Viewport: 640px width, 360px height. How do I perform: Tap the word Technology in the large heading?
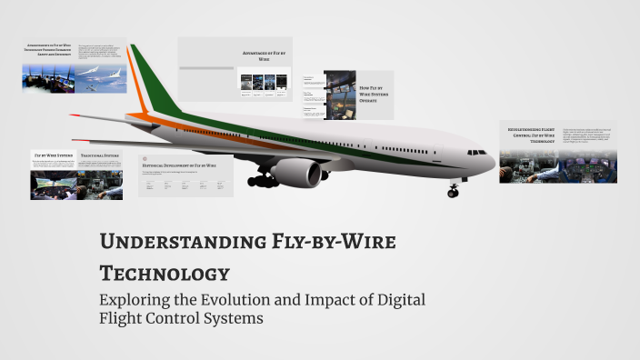click(164, 273)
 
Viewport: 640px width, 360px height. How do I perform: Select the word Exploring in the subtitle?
click(137, 299)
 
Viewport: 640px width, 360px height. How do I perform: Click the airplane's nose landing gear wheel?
click(453, 192)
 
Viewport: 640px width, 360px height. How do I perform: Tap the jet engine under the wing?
click(301, 172)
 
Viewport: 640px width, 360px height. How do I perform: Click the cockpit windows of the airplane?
click(476, 152)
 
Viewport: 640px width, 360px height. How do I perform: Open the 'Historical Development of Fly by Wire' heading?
click(178, 166)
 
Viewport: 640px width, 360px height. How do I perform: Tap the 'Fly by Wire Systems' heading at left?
click(54, 156)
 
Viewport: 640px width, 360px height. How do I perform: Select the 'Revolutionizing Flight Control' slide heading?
click(531, 135)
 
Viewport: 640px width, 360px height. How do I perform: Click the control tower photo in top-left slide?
click(48, 80)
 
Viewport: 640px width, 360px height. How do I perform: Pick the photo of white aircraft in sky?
click(99, 81)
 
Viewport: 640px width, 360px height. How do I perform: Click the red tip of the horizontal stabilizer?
click(73, 115)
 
